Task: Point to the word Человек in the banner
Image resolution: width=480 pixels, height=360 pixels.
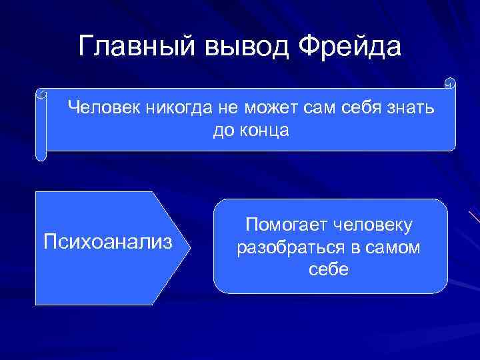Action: pos(103,107)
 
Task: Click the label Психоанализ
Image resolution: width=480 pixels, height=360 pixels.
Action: pos(108,240)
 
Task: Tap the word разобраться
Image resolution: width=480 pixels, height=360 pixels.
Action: pos(290,247)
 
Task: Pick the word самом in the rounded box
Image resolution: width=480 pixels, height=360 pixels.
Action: pos(394,247)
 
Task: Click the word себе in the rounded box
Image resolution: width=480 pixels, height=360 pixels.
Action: pos(329,270)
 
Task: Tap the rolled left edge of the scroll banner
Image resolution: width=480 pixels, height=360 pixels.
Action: pos(41,127)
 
